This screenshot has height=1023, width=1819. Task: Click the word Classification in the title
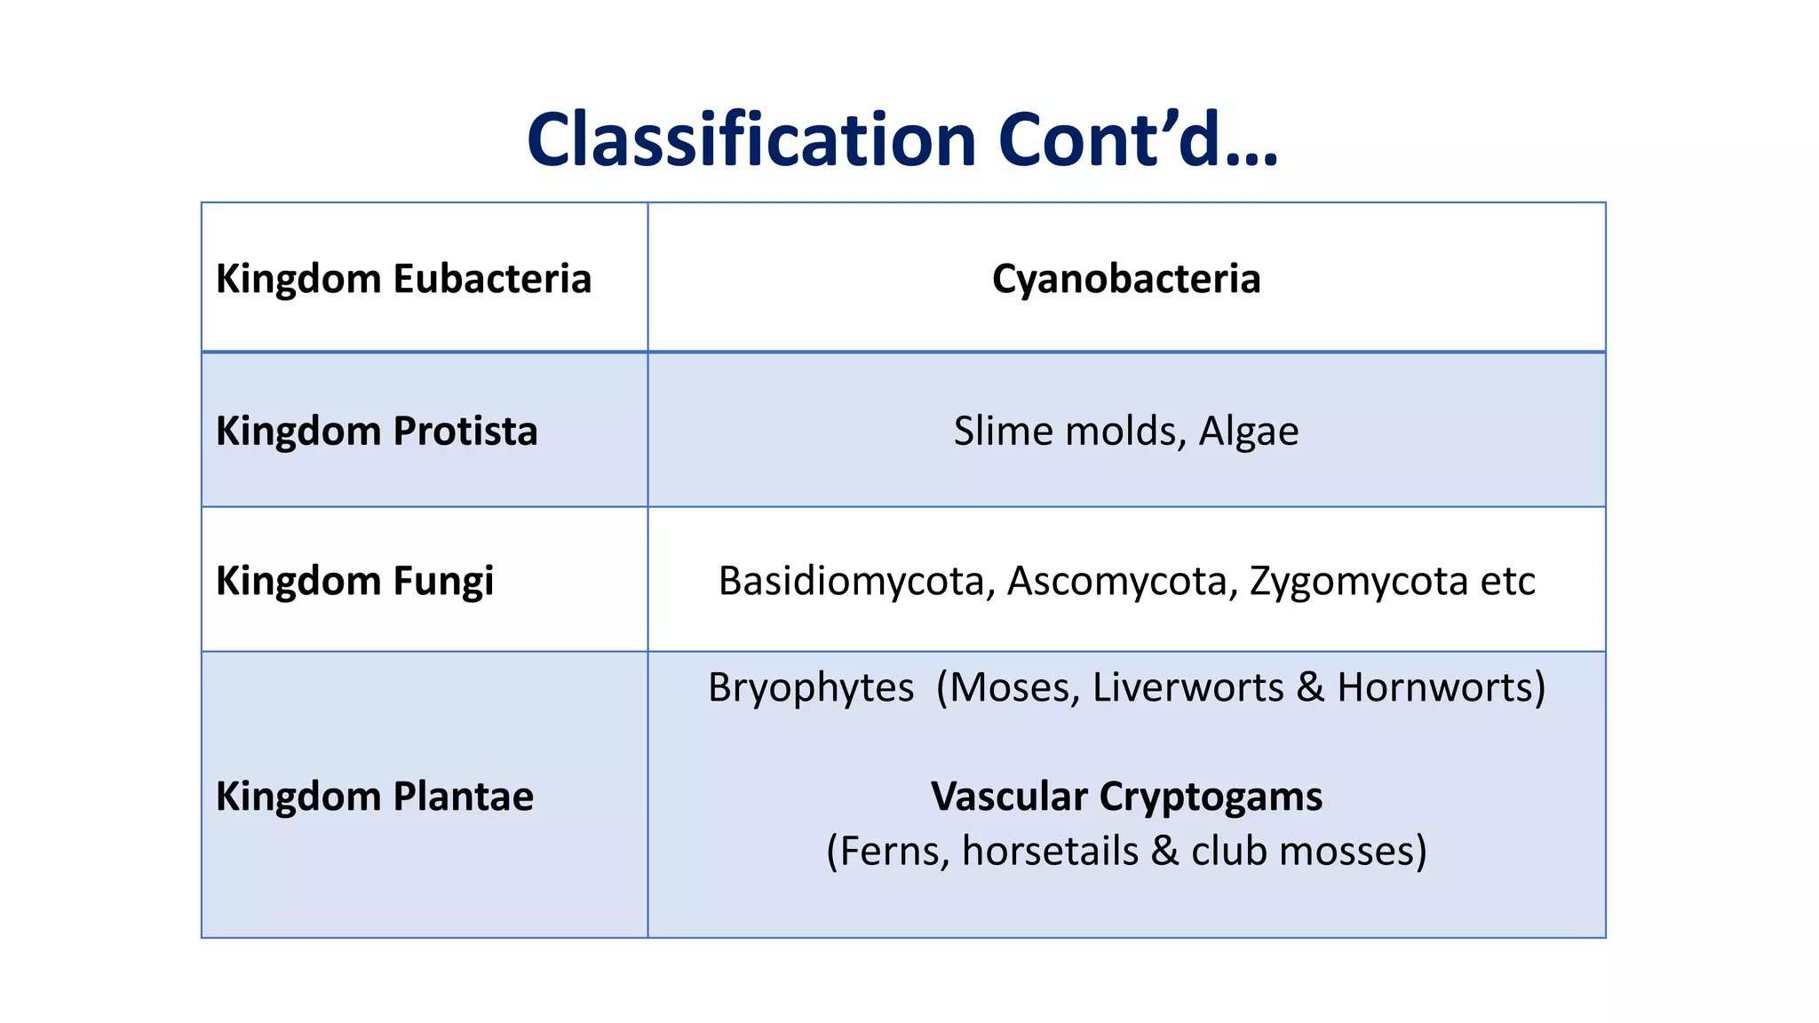coord(751,140)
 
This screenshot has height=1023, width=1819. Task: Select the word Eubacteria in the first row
coord(492,279)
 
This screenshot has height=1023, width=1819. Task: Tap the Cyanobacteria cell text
coord(1125,279)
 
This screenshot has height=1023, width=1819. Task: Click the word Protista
coord(465,432)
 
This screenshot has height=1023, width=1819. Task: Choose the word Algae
coord(1248,432)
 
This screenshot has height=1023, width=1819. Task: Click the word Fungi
coord(442,582)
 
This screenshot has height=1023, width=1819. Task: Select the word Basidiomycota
coord(855,582)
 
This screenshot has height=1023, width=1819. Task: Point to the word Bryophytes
coord(810,688)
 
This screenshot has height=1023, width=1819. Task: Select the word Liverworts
coord(1188,688)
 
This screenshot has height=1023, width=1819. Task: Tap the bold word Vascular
coord(1009,797)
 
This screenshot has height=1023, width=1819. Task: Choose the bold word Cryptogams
coord(1211,797)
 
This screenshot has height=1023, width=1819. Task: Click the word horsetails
coord(1050,852)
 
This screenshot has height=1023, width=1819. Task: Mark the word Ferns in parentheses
coord(890,852)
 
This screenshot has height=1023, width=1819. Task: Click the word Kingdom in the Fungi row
coord(298,582)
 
